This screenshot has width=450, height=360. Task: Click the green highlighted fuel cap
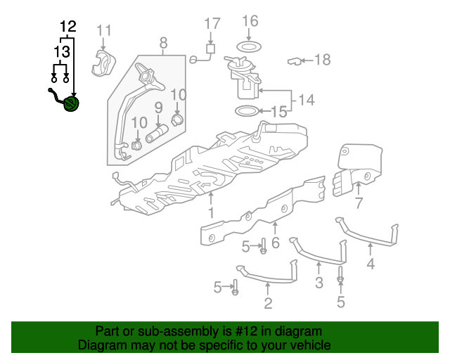pyautogui.click(x=71, y=105)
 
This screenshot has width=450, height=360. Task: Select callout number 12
pyautogui.click(x=67, y=27)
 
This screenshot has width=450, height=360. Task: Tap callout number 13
pyautogui.click(x=61, y=53)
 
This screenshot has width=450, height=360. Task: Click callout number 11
pyautogui.click(x=104, y=30)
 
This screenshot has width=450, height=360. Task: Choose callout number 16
pyautogui.click(x=250, y=21)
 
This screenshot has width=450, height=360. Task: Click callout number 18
pyautogui.click(x=322, y=60)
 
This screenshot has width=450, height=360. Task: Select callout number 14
pyautogui.click(x=305, y=100)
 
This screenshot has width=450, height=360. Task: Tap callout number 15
pyautogui.click(x=279, y=111)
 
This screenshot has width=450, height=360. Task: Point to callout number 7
pyautogui.click(x=359, y=204)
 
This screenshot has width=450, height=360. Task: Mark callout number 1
pyautogui.click(x=211, y=212)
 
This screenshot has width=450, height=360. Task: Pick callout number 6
pyautogui.click(x=275, y=243)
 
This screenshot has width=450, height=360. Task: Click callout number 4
pyautogui.click(x=371, y=264)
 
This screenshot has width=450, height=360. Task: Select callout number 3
pyautogui.click(x=319, y=283)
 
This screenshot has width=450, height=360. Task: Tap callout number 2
pyautogui.click(x=268, y=304)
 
